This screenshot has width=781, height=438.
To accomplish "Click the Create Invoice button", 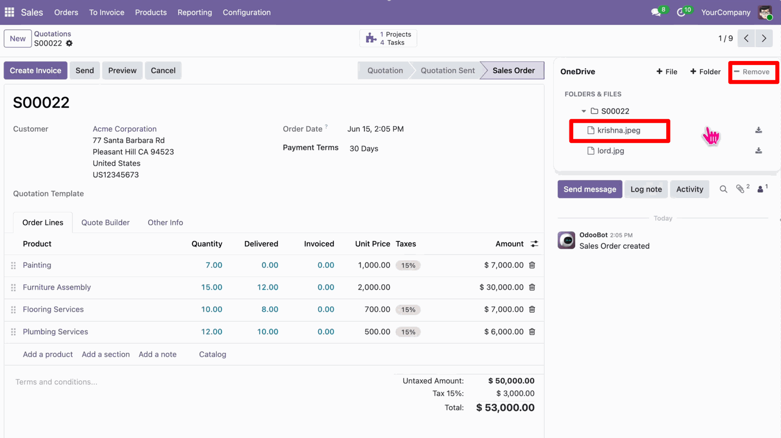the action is tap(35, 70).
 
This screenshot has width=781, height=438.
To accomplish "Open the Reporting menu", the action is tap(194, 12).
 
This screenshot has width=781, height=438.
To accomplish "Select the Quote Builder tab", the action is tap(105, 222).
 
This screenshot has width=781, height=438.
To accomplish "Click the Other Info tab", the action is tap(165, 222).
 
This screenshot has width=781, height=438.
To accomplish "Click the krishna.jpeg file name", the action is tap(619, 130).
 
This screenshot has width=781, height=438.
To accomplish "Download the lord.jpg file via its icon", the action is tap(759, 150).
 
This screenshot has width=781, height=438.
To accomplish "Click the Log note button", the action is tap(646, 189).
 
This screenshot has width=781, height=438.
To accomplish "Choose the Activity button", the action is tap(689, 189).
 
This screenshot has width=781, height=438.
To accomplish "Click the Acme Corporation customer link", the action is tap(124, 129).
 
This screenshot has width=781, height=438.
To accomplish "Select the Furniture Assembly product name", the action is tap(57, 287).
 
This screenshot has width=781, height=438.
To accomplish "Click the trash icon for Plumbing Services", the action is tap(532, 331).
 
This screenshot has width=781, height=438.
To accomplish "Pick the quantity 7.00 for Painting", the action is tap(214, 265).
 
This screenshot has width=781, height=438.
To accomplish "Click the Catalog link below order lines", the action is tap(212, 354).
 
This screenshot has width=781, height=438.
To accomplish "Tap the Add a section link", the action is tap(106, 354).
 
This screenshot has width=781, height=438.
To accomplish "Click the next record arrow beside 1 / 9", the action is tap(764, 38).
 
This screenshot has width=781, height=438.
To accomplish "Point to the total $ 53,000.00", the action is tap(505, 407).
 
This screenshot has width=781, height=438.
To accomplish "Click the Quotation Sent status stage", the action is tap(447, 70).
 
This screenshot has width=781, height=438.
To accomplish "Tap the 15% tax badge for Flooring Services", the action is tap(408, 309).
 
